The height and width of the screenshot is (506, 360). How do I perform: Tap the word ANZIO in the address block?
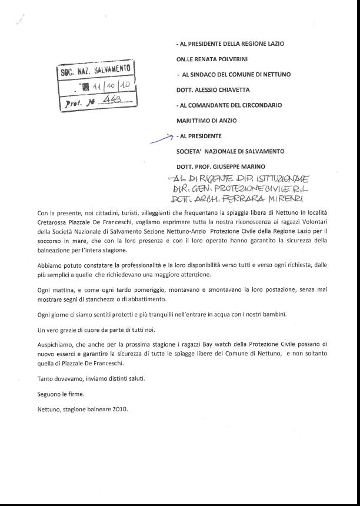tap(226, 121)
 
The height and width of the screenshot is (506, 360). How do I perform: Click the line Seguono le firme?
tap(61, 394)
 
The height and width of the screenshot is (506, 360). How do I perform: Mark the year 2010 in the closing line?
tap(118, 409)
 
